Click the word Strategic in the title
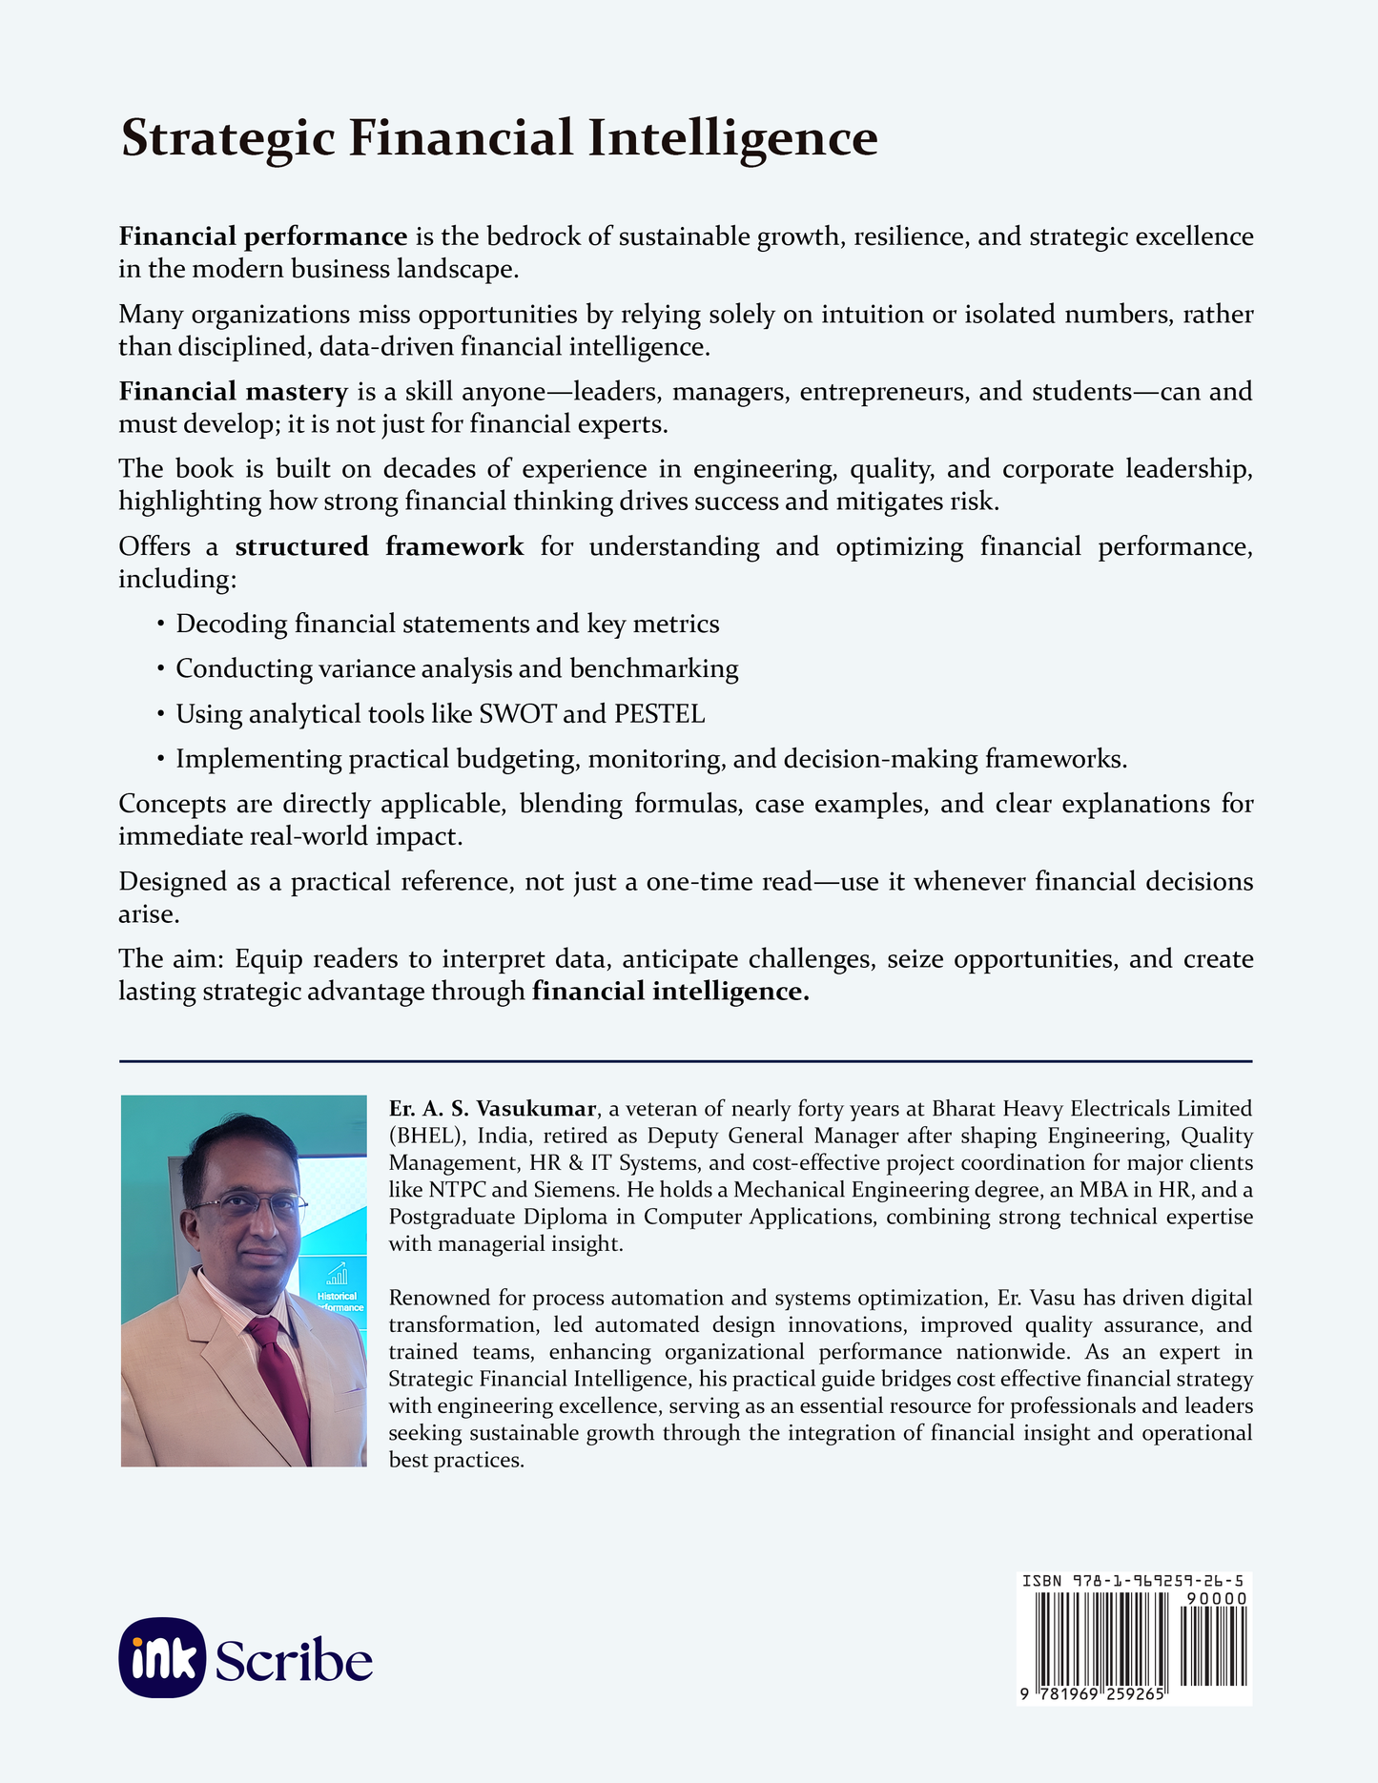click(228, 139)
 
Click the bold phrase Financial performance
click(262, 236)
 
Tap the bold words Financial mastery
click(233, 391)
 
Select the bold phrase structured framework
click(379, 546)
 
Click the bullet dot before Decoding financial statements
click(160, 625)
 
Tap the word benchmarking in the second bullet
click(654, 669)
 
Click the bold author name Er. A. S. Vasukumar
click(492, 1109)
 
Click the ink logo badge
click(162, 1659)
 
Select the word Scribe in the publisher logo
click(294, 1661)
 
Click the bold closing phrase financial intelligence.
click(670, 992)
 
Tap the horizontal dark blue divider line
click(685, 1060)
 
